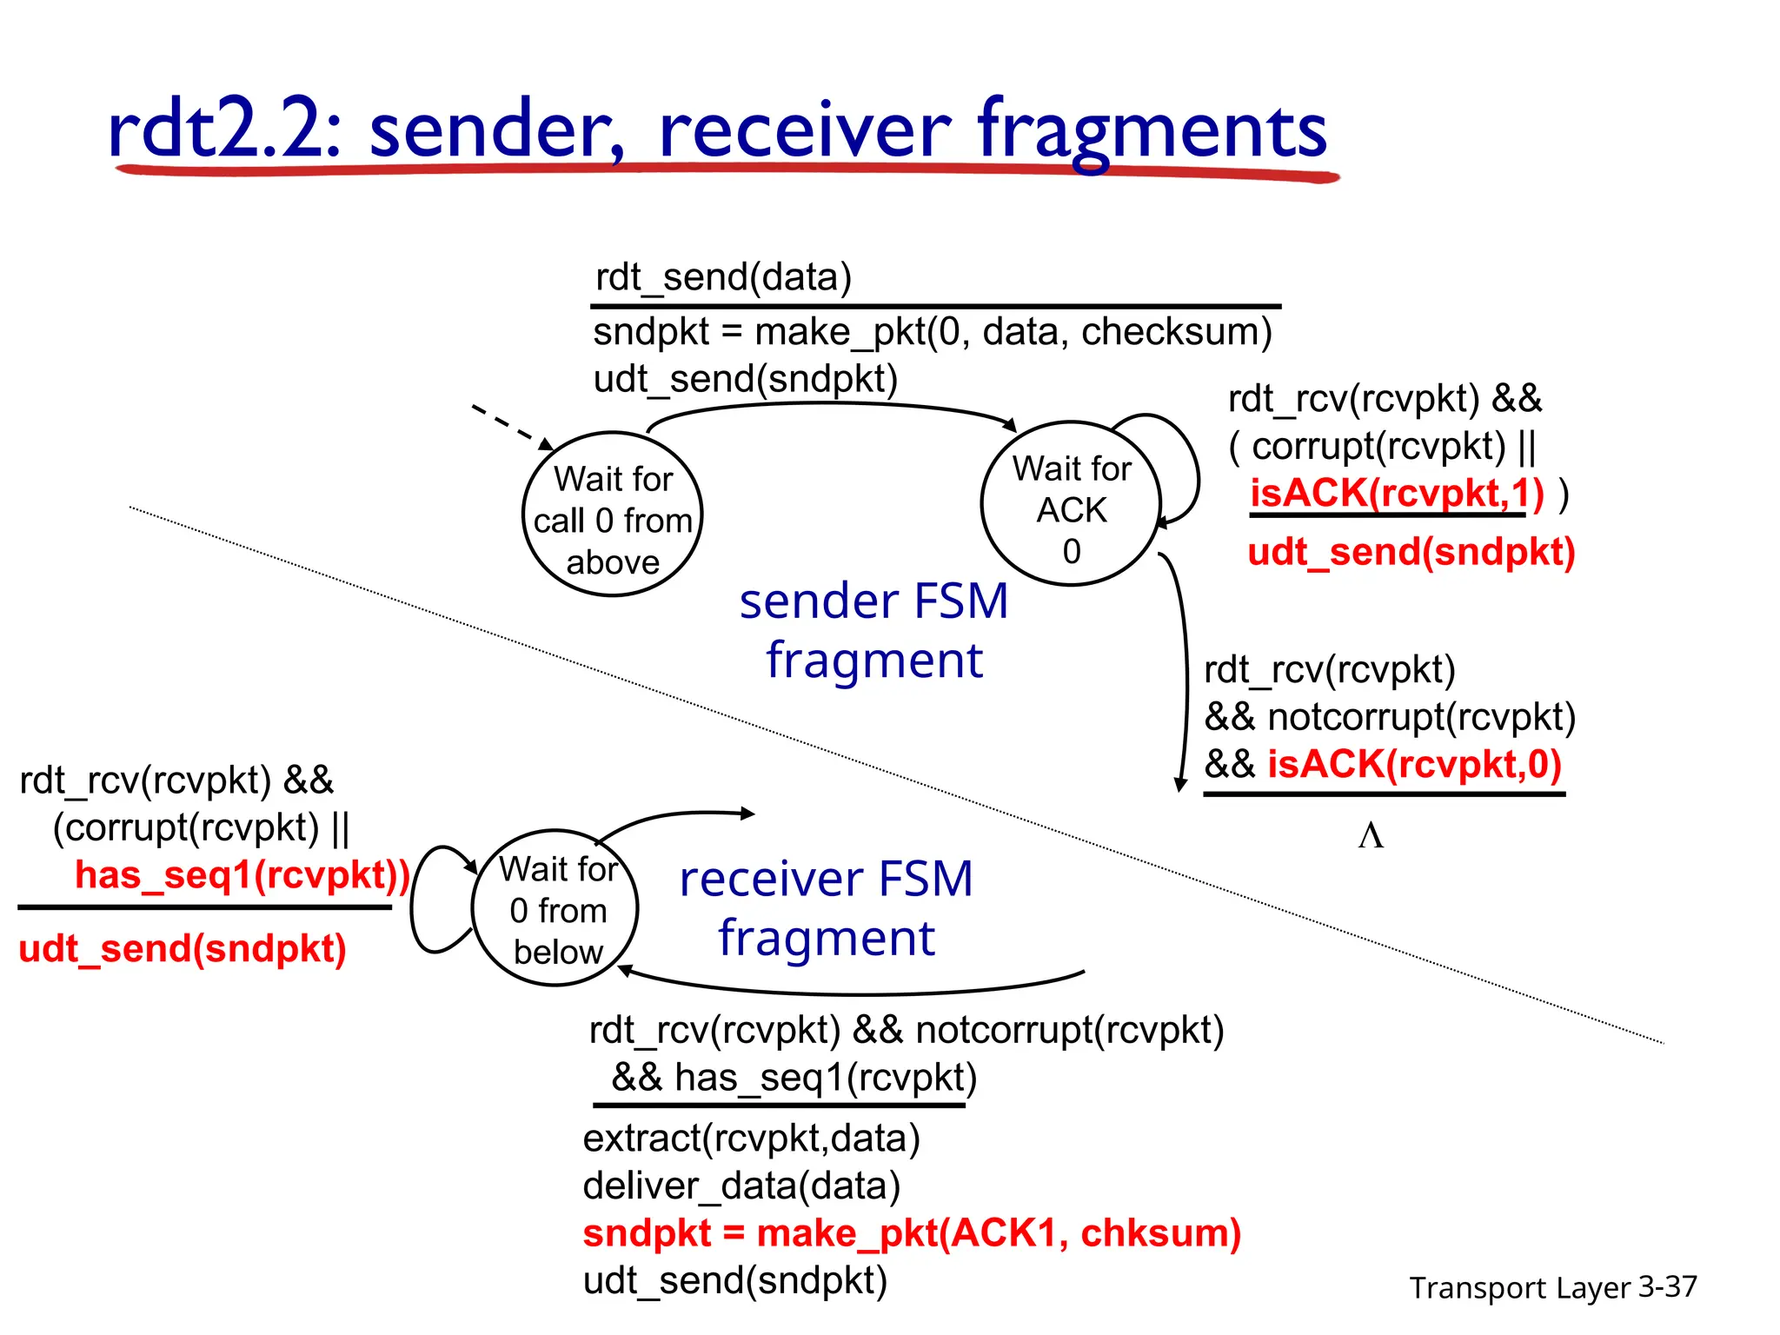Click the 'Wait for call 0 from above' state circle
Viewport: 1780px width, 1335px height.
pyautogui.click(x=613, y=515)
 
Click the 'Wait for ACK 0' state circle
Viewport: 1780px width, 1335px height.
pyautogui.click(x=1071, y=504)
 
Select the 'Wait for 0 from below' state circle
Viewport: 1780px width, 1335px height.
pyautogui.click(x=556, y=908)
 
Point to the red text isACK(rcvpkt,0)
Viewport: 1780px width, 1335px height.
pyautogui.click(x=1414, y=764)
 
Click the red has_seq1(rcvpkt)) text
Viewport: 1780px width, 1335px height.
pyautogui.click(x=242, y=874)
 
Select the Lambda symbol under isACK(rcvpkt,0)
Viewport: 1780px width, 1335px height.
pyautogui.click(x=1371, y=835)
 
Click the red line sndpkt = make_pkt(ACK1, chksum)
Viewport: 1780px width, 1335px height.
pyautogui.click(x=911, y=1232)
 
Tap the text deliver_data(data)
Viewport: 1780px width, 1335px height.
pyautogui.click(x=741, y=1186)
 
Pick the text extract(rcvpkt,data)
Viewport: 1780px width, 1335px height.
pyautogui.click(x=751, y=1138)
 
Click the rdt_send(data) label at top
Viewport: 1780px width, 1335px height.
pyautogui.click(x=723, y=277)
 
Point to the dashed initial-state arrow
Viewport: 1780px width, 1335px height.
pyautogui.click(x=511, y=426)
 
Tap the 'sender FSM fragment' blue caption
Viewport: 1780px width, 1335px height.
pyautogui.click(x=873, y=630)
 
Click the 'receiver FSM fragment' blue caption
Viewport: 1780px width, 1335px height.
pyautogui.click(x=826, y=907)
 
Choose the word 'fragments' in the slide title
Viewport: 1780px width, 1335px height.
pyautogui.click(x=1152, y=130)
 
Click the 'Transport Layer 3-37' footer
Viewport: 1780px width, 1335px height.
pyautogui.click(x=1552, y=1287)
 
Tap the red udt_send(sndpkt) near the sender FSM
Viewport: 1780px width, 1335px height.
pyautogui.click(x=1411, y=552)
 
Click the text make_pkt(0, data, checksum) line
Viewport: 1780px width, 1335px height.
pyautogui.click(x=932, y=332)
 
